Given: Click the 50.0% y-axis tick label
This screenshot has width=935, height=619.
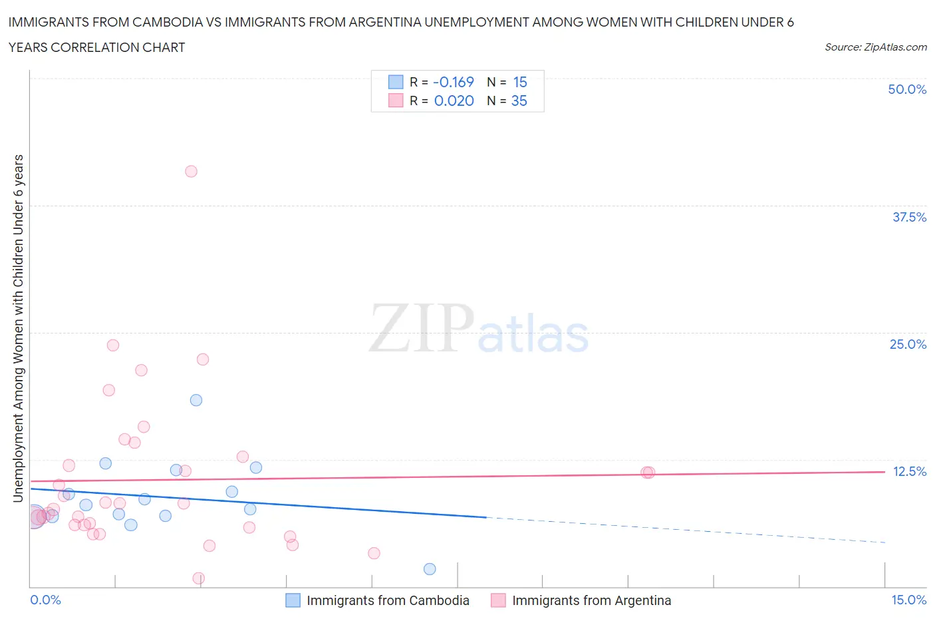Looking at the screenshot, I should [x=907, y=89].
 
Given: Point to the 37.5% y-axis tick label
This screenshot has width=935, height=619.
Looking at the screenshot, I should [x=909, y=217].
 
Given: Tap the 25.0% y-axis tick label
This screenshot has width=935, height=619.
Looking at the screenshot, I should [x=908, y=344].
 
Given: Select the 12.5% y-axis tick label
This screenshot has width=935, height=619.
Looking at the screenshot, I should [x=909, y=471].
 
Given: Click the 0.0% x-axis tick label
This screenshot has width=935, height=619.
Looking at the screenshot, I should [x=45, y=600].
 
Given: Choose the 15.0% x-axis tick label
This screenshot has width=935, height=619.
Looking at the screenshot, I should [x=908, y=600].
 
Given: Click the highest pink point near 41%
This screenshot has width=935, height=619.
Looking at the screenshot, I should [x=191, y=171].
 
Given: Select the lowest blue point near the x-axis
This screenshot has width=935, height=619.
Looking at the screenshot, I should [x=430, y=569].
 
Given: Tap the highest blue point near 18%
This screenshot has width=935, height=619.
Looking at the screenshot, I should [x=196, y=400].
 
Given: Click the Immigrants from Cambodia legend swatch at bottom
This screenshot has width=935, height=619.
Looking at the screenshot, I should [x=293, y=600].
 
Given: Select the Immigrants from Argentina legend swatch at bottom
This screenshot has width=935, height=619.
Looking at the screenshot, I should [x=498, y=600].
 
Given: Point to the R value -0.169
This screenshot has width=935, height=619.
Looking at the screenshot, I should [x=453, y=82].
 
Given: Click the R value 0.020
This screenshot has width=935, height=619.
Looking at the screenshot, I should [x=454, y=101].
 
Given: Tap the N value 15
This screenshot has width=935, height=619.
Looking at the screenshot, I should [x=519, y=82].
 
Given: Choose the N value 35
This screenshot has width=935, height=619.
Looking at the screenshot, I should [x=519, y=101].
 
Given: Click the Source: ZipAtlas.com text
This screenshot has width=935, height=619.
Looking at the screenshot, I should [x=875, y=47].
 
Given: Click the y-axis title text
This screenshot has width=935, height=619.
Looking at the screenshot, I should [x=18, y=328].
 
